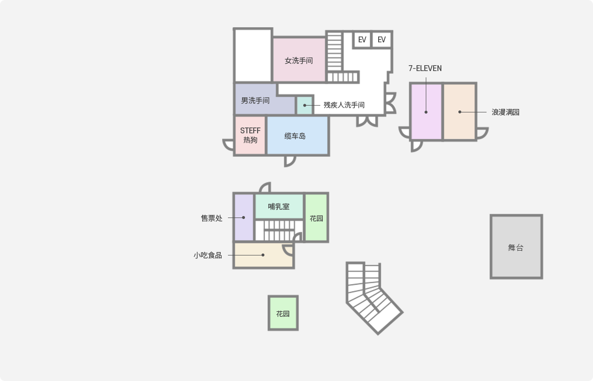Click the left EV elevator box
[362, 40]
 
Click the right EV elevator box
[382, 40]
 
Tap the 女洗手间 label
[298, 61]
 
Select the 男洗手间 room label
[255, 100]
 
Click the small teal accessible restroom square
[304, 106]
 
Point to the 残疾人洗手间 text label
[344, 105]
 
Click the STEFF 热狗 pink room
[250, 135]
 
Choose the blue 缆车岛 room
[297, 135]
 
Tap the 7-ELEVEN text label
[425, 68]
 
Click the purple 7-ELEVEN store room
[426, 111]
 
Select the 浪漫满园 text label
[506, 112]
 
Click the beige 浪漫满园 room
[460, 111]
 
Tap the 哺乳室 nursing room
[279, 206]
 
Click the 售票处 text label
[211, 218]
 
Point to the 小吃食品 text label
[208, 255]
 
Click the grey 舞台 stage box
[516, 247]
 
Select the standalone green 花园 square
[283, 313]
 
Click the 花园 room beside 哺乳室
[316, 218]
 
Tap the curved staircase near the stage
[373, 297]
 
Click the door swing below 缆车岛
[290, 162]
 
